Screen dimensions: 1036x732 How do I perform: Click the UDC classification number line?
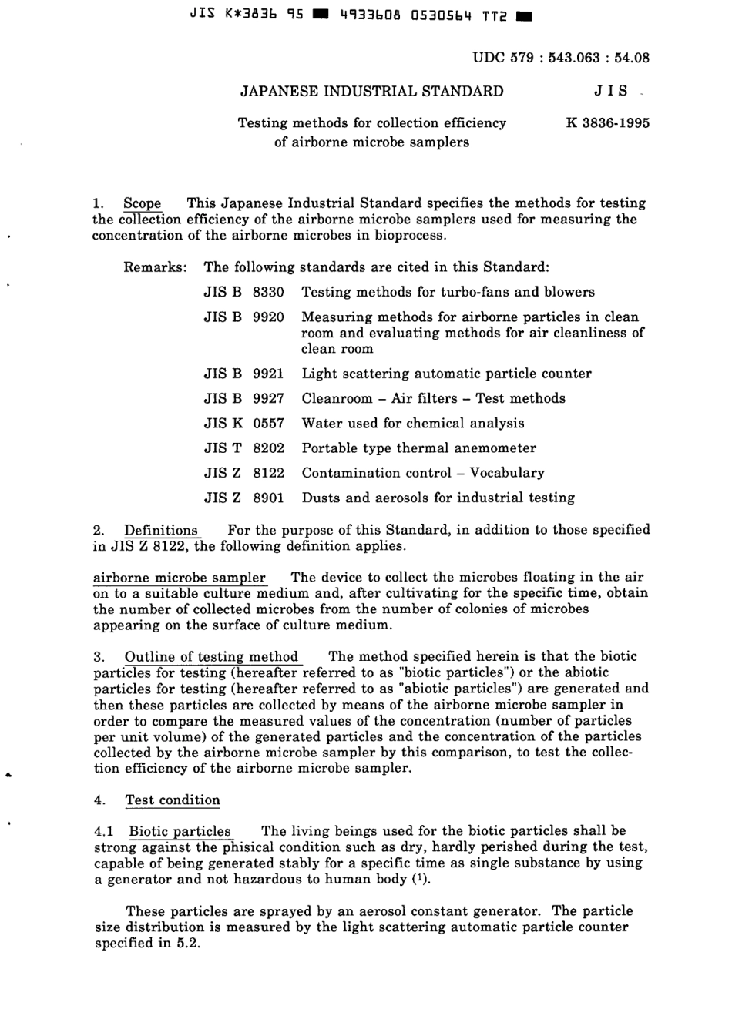point(560,57)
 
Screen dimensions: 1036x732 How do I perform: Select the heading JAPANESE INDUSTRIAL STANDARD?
point(372,91)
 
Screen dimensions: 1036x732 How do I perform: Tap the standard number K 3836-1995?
point(607,123)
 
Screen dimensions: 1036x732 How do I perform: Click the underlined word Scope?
point(143,203)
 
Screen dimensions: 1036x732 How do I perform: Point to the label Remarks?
point(155,267)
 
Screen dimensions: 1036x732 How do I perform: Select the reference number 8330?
point(268,292)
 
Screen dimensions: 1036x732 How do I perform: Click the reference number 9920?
point(268,317)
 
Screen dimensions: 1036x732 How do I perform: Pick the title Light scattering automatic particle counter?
point(446,374)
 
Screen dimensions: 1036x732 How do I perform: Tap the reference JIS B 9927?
point(243,398)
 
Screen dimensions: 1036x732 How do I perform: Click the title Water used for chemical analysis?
point(412,423)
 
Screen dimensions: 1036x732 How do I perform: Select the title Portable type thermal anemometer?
point(418,448)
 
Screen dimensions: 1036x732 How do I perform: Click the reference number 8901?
point(268,498)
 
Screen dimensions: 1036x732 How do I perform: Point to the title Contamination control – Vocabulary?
point(422,473)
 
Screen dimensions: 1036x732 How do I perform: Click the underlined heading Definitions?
point(161,530)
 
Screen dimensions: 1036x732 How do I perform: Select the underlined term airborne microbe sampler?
point(179,578)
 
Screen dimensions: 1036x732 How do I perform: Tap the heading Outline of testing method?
point(211,657)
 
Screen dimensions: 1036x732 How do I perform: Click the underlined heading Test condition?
point(173,800)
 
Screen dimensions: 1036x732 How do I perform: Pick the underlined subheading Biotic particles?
point(180,831)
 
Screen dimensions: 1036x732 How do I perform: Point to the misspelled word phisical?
point(247,847)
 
